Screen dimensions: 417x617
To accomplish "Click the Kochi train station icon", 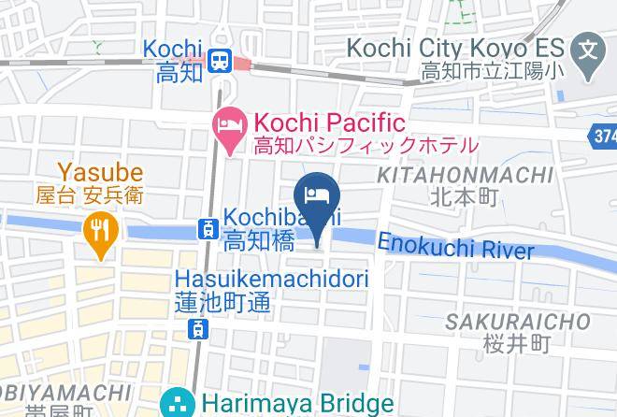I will [x=222, y=61].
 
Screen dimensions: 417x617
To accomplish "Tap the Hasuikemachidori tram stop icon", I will [x=197, y=328].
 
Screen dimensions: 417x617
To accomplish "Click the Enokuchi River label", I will [x=456, y=247].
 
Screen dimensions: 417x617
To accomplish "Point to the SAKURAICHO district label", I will [x=517, y=323].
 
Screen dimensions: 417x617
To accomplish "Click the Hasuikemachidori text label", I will [x=272, y=279].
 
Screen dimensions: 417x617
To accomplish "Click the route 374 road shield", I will [x=604, y=137].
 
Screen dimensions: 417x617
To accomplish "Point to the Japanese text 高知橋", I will [x=260, y=241].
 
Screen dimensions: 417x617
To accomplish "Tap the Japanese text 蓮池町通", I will [x=235, y=302].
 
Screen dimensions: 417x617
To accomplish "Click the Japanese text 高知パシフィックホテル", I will [x=366, y=146].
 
